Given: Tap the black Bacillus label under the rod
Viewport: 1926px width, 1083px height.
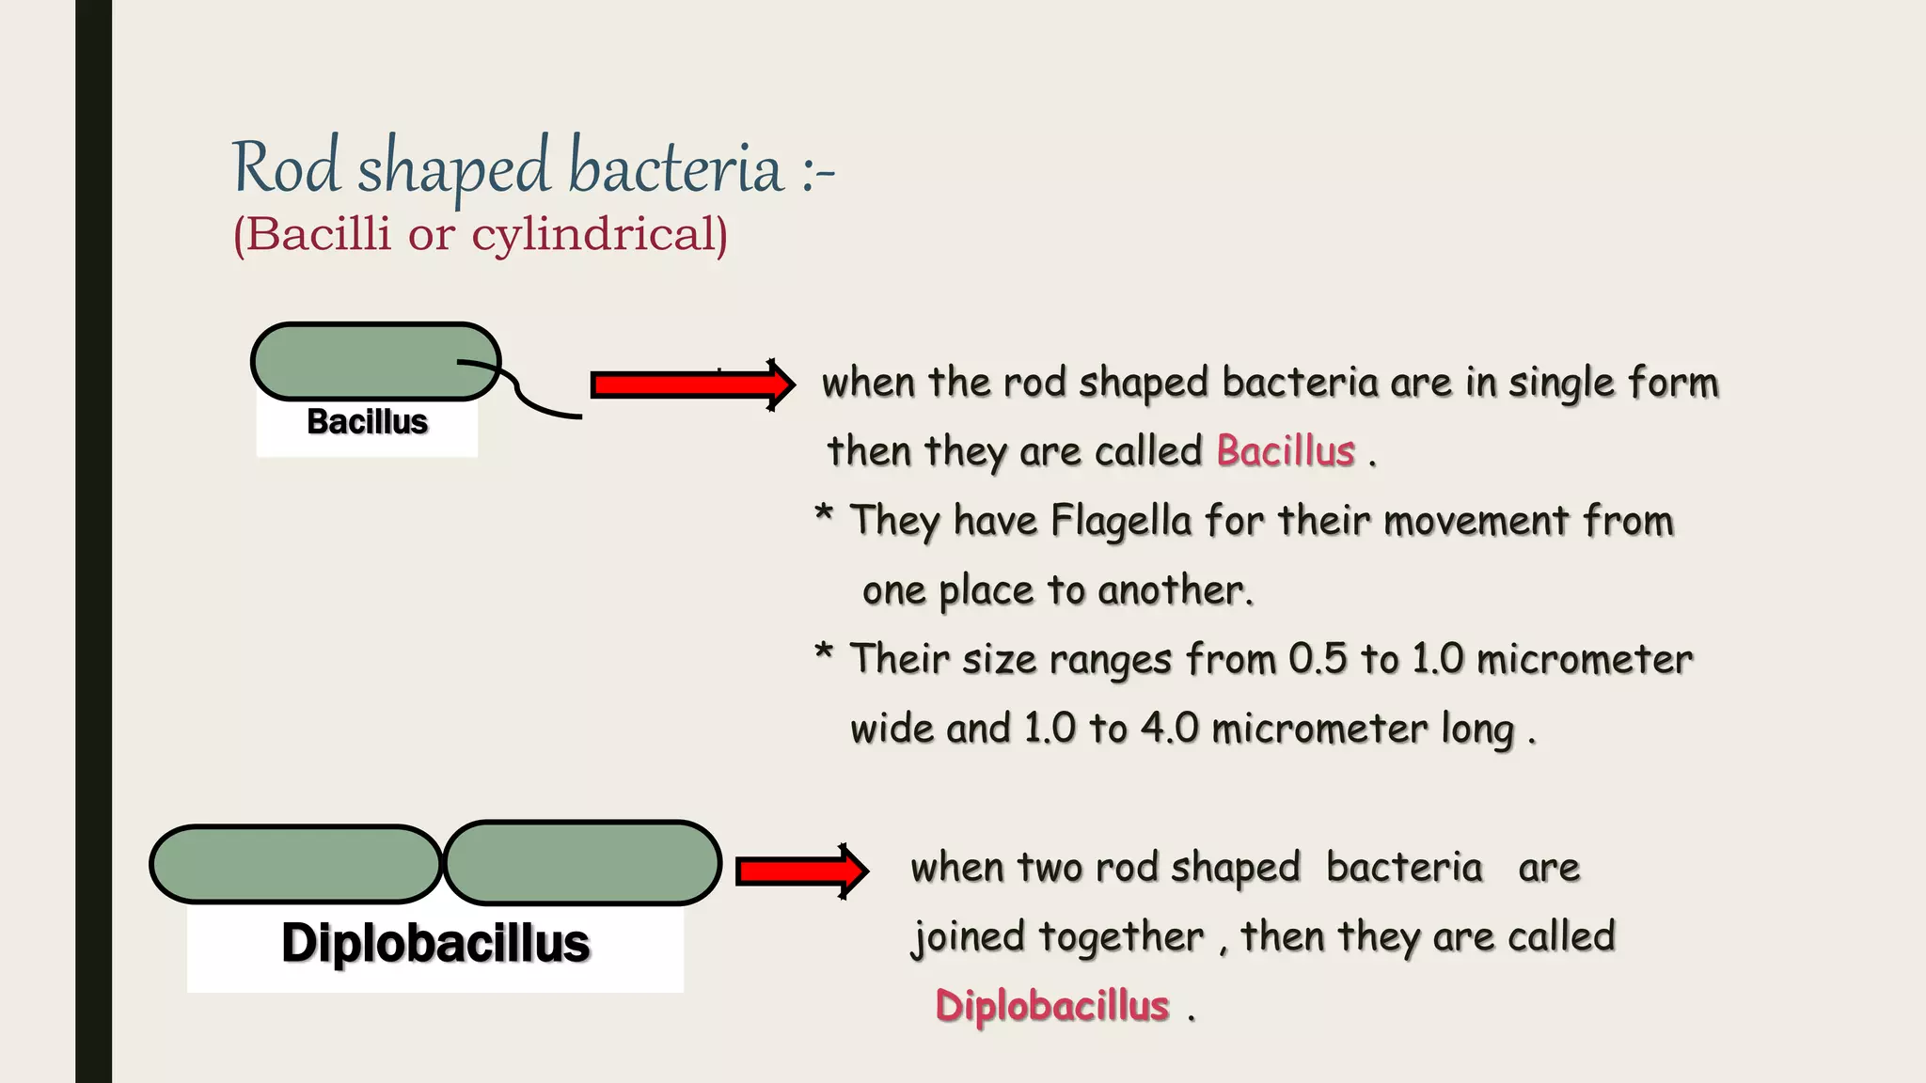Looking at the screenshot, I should point(368,422).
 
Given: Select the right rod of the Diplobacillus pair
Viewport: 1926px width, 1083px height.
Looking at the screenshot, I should point(582,863).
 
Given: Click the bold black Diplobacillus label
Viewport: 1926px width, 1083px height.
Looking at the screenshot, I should point(435,943).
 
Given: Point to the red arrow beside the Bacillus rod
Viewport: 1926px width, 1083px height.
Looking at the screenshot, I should point(692,385).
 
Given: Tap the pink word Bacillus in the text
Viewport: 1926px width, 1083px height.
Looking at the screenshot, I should point(1286,451).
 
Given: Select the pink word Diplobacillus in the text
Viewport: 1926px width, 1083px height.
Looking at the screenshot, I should point(1052,1006).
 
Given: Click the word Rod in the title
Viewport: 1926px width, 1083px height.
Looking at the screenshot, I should point(285,167).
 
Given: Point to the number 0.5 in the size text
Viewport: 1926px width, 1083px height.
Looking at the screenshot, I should point(1318,659).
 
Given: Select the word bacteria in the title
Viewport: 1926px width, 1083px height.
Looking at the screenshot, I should point(675,168).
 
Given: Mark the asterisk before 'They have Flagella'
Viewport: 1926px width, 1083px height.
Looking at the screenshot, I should point(824,514).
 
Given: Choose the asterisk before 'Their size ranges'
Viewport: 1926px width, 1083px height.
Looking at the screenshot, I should point(824,652).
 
